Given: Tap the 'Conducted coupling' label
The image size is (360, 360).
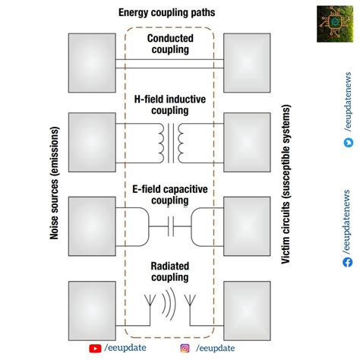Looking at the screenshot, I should (169, 44).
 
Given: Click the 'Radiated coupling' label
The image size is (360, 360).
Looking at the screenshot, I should (169, 271).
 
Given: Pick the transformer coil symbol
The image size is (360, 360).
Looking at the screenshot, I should (170, 137).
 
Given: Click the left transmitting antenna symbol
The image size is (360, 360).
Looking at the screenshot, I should (149, 305).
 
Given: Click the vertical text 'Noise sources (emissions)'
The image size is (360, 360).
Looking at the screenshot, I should (55, 178).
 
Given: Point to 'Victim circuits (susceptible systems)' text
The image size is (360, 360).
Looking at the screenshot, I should (286, 178).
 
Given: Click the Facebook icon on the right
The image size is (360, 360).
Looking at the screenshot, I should (347, 262).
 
